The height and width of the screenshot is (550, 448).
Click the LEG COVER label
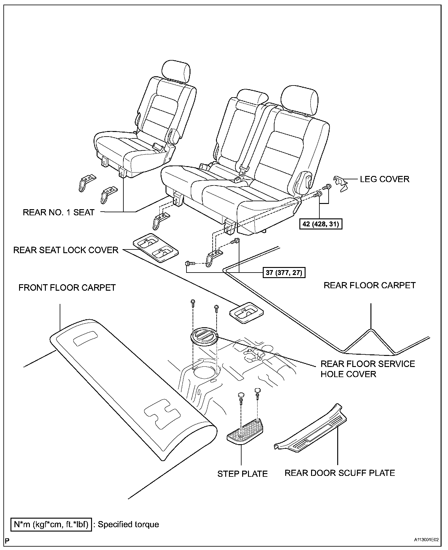pos(385,179)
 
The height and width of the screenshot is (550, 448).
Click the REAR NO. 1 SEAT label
pos(58,212)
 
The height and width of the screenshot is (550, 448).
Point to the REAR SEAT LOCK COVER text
pos(66,250)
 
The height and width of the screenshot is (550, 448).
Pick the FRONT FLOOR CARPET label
pos(67,288)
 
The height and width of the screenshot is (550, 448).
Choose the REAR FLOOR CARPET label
pos(370,285)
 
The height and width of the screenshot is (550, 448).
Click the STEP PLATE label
pos(242,474)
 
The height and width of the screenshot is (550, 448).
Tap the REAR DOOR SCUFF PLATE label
pos(340,473)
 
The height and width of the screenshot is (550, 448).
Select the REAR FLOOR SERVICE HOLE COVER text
pos(368,369)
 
